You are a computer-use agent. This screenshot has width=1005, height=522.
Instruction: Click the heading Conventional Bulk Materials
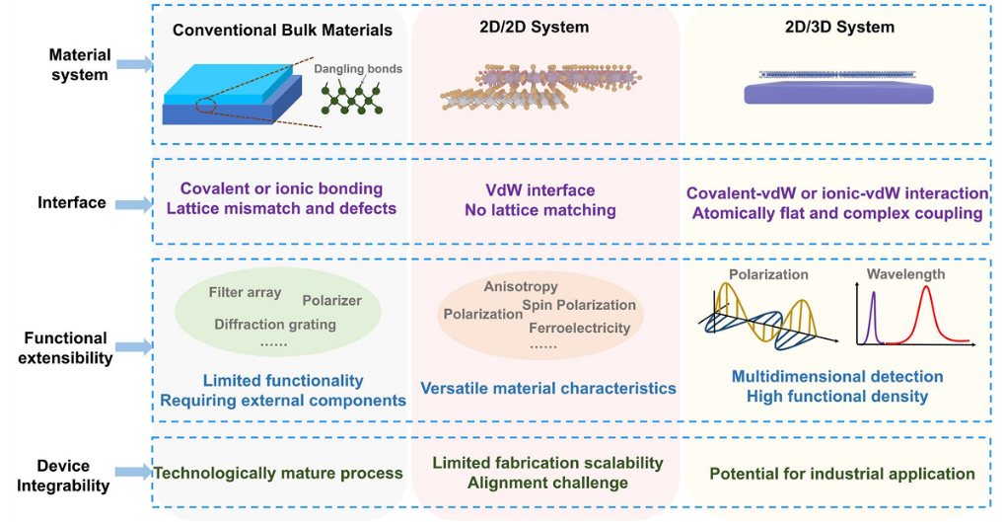(x=282, y=30)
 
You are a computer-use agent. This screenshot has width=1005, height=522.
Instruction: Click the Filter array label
(x=245, y=292)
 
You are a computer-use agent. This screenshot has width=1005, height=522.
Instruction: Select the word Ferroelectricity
(x=579, y=328)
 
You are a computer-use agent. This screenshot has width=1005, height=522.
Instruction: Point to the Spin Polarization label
(x=579, y=305)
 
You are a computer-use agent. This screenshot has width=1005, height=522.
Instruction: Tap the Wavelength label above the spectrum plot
(x=905, y=274)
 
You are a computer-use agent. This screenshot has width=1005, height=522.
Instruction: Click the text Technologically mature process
(x=278, y=474)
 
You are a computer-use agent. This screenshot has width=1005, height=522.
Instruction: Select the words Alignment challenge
(x=547, y=483)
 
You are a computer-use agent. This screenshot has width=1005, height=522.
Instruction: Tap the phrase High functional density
(x=836, y=396)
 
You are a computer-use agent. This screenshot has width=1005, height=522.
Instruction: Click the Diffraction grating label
(x=275, y=324)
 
